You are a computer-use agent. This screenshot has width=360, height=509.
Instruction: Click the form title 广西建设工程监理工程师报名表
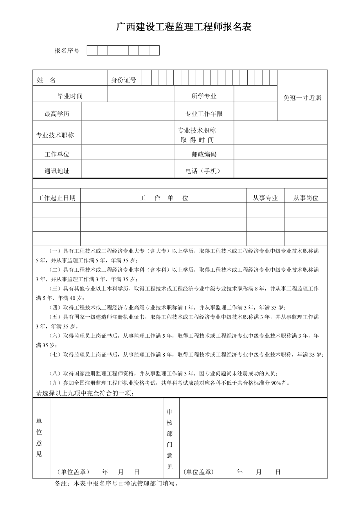184,27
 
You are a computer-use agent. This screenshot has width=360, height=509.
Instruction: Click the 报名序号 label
67,51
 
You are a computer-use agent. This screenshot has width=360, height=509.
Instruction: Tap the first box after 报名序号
92,50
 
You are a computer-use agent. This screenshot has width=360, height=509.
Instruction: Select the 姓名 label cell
46,80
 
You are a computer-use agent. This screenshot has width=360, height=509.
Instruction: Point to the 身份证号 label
124,80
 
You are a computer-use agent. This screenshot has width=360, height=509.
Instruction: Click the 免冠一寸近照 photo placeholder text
302,98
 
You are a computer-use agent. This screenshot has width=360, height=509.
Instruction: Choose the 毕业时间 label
70,96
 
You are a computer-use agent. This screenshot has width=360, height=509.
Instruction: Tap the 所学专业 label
204,96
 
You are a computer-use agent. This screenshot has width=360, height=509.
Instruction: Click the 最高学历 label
57,114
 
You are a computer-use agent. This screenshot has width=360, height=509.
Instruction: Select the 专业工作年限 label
204,114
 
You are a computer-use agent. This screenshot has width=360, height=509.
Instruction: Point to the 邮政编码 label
204,154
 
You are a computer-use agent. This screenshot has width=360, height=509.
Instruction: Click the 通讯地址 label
57,171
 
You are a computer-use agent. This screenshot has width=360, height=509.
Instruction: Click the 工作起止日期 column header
57,198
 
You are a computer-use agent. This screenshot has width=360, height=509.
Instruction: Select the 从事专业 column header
265,198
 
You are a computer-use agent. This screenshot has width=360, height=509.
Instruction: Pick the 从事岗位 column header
306,198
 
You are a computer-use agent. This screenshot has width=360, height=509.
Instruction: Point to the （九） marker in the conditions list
55,383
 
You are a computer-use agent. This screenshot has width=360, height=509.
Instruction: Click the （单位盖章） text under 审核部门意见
198,472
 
